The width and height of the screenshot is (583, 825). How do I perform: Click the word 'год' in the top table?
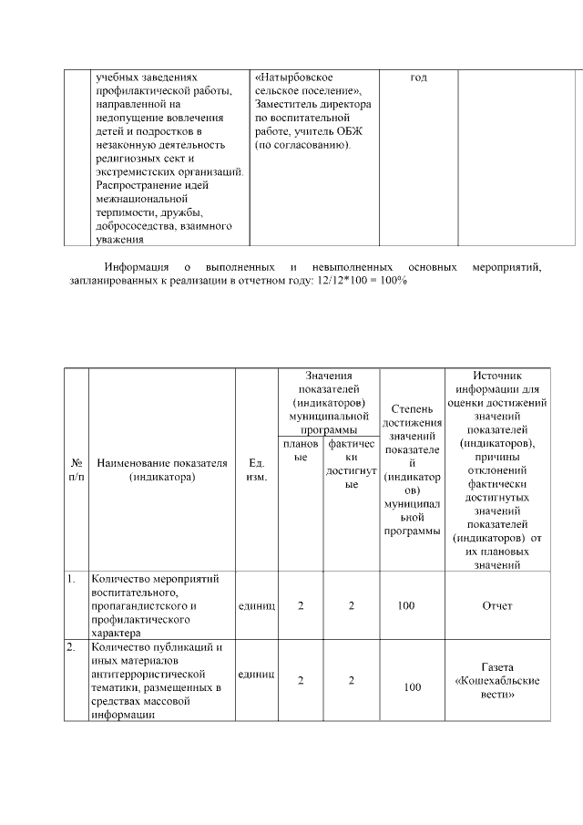(x=418, y=78)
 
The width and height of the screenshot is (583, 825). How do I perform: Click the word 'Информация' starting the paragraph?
(x=134, y=267)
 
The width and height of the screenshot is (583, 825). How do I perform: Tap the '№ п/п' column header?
(x=76, y=470)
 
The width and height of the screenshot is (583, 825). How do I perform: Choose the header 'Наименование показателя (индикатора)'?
(x=161, y=470)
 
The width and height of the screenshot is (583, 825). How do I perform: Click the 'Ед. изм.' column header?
(x=256, y=470)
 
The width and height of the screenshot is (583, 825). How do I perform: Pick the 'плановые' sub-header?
(x=300, y=450)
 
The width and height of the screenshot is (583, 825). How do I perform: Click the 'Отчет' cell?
(x=497, y=605)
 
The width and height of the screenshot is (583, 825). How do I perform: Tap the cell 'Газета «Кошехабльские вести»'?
(x=497, y=681)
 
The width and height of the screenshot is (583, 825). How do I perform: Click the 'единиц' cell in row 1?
(x=256, y=605)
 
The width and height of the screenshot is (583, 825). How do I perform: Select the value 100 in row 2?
(x=412, y=687)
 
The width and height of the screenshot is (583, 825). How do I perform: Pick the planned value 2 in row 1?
(x=301, y=605)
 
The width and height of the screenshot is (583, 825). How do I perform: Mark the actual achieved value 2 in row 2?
(x=351, y=681)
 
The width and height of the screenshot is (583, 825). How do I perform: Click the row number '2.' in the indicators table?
(x=71, y=648)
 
